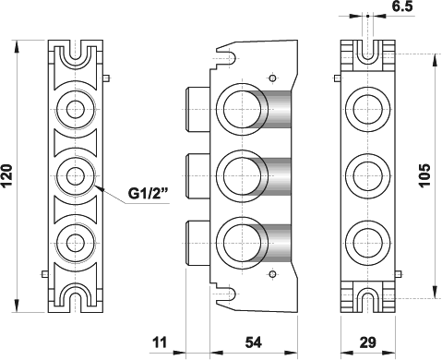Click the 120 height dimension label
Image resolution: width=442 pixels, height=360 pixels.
[x=8, y=172]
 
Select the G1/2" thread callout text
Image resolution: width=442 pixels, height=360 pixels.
[x=147, y=194]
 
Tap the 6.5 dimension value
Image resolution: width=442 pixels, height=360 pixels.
[x=402, y=8]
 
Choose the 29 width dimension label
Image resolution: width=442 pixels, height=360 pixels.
[x=367, y=342]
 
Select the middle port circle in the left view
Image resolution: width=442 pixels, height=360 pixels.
[x=75, y=173]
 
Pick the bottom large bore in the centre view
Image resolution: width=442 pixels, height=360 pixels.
[x=243, y=242]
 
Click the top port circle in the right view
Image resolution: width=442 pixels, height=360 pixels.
[x=366, y=108]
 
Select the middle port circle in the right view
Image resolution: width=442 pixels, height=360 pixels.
[x=366, y=172]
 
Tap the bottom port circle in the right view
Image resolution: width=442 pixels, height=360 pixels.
[x=366, y=238]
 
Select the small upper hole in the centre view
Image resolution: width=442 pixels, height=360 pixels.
[x=270, y=77]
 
